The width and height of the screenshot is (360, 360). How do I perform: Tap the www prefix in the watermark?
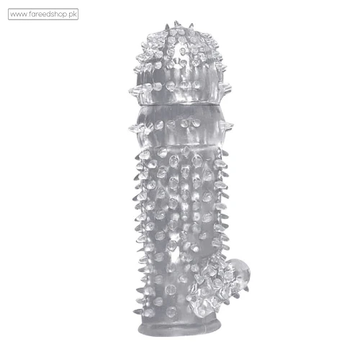point(19,15)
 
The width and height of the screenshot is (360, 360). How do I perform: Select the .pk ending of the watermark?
point(73,14)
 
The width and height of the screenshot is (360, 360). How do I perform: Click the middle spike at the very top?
point(176,24)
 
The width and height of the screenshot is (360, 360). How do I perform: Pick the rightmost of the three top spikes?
point(192,25)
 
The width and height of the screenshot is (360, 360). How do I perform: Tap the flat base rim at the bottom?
point(179,328)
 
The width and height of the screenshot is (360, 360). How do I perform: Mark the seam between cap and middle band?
point(179,104)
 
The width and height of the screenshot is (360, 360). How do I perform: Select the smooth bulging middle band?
point(179,126)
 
